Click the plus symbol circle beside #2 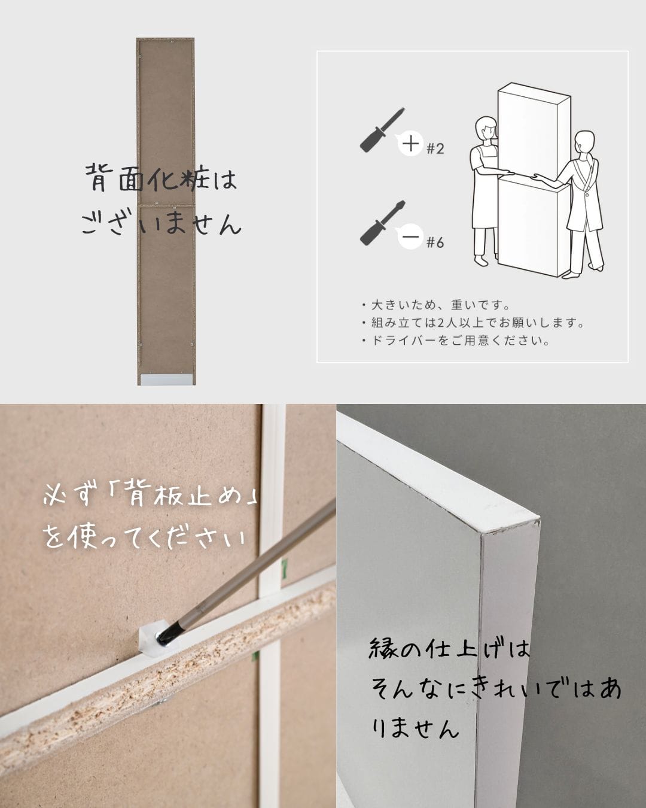pyautogui.click(x=410, y=144)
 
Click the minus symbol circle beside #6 pyautogui.click(x=410, y=238)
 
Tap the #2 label pyautogui.click(x=435, y=148)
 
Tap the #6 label pyautogui.click(x=435, y=242)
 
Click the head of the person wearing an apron pyautogui.click(x=485, y=129)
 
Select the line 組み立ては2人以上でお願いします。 pyautogui.click(x=473, y=323)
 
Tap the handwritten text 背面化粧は pyautogui.click(x=161, y=178)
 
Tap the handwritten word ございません pyautogui.click(x=161, y=224)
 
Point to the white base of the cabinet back pyautogui.click(x=166, y=378)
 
